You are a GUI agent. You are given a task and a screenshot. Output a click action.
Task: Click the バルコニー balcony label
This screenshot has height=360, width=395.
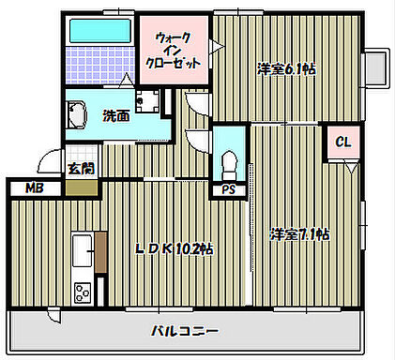point(185,331)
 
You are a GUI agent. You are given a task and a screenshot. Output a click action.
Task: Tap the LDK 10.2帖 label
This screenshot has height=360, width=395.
point(175,248)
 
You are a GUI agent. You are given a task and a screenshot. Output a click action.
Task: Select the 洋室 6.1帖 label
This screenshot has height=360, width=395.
point(287,67)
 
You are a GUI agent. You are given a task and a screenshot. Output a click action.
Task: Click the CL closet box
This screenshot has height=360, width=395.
point(342,142)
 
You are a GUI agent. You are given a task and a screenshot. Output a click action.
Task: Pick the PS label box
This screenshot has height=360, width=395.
point(228,190)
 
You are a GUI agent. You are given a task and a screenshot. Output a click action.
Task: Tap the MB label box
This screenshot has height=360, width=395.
point(35,187)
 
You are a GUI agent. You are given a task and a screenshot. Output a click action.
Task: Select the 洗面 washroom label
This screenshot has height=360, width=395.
point(115,116)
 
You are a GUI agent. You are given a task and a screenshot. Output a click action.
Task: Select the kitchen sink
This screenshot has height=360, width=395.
point(83,251)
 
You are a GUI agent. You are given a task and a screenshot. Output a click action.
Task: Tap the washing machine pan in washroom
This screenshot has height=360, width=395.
point(147,100)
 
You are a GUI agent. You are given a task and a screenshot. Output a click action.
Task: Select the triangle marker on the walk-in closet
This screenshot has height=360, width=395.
point(214,44)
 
